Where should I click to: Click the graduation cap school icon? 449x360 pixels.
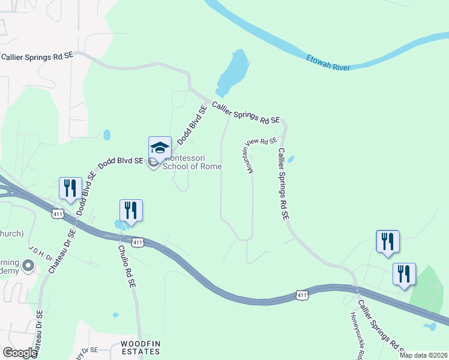click(x=160, y=148)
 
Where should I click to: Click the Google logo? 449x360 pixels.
click(x=20, y=353)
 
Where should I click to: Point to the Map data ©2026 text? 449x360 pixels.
click(x=423, y=355)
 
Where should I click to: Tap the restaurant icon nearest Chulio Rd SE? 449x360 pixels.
click(x=131, y=211)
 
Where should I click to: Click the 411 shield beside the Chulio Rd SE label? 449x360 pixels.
click(x=137, y=242)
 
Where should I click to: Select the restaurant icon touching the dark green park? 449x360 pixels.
click(x=404, y=275)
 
